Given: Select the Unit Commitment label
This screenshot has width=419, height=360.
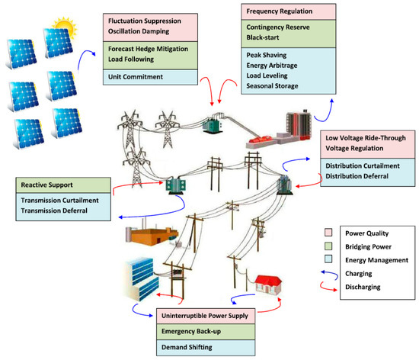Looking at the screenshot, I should point(135,76).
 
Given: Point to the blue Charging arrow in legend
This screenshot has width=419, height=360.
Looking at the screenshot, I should point(328,273).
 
